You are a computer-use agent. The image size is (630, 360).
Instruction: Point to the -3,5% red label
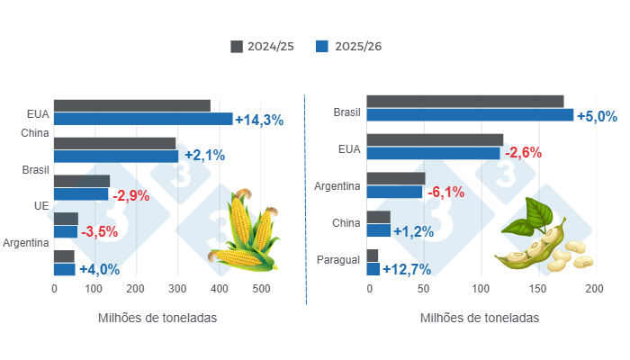pyautogui.click(x=100, y=232)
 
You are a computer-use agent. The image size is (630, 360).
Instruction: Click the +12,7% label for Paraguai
pyautogui.click(x=407, y=269)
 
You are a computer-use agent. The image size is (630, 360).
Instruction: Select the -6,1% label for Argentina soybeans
pyautogui.click(x=445, y=192)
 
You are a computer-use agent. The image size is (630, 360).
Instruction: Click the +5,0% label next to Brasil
pyautogui.click(x=598, y=116)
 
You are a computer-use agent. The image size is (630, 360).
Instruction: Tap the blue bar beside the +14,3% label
pyautogui.click(x=143, y=119)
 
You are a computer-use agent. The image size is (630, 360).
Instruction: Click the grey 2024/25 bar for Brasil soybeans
pyautogui.click(x=465, y=101)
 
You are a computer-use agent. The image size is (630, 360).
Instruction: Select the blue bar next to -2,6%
pyautogui.click(x=434, y=153)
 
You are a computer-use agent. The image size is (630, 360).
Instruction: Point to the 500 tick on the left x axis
pyautogui.click(x=261, y=290)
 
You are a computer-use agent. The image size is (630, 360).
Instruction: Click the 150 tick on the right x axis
pyautogui.click(x=537, y=290)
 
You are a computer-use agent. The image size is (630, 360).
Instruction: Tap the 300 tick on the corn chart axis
pyautogui.click(x=178, y=290)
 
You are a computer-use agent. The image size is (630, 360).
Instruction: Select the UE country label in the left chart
pyautogui.click(x=29, y=206)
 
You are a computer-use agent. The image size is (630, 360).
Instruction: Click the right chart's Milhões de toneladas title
pyautogui.click(x=480, y=319)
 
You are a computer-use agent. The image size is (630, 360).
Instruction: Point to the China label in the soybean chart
pyautogui.click(x=346, y=223)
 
